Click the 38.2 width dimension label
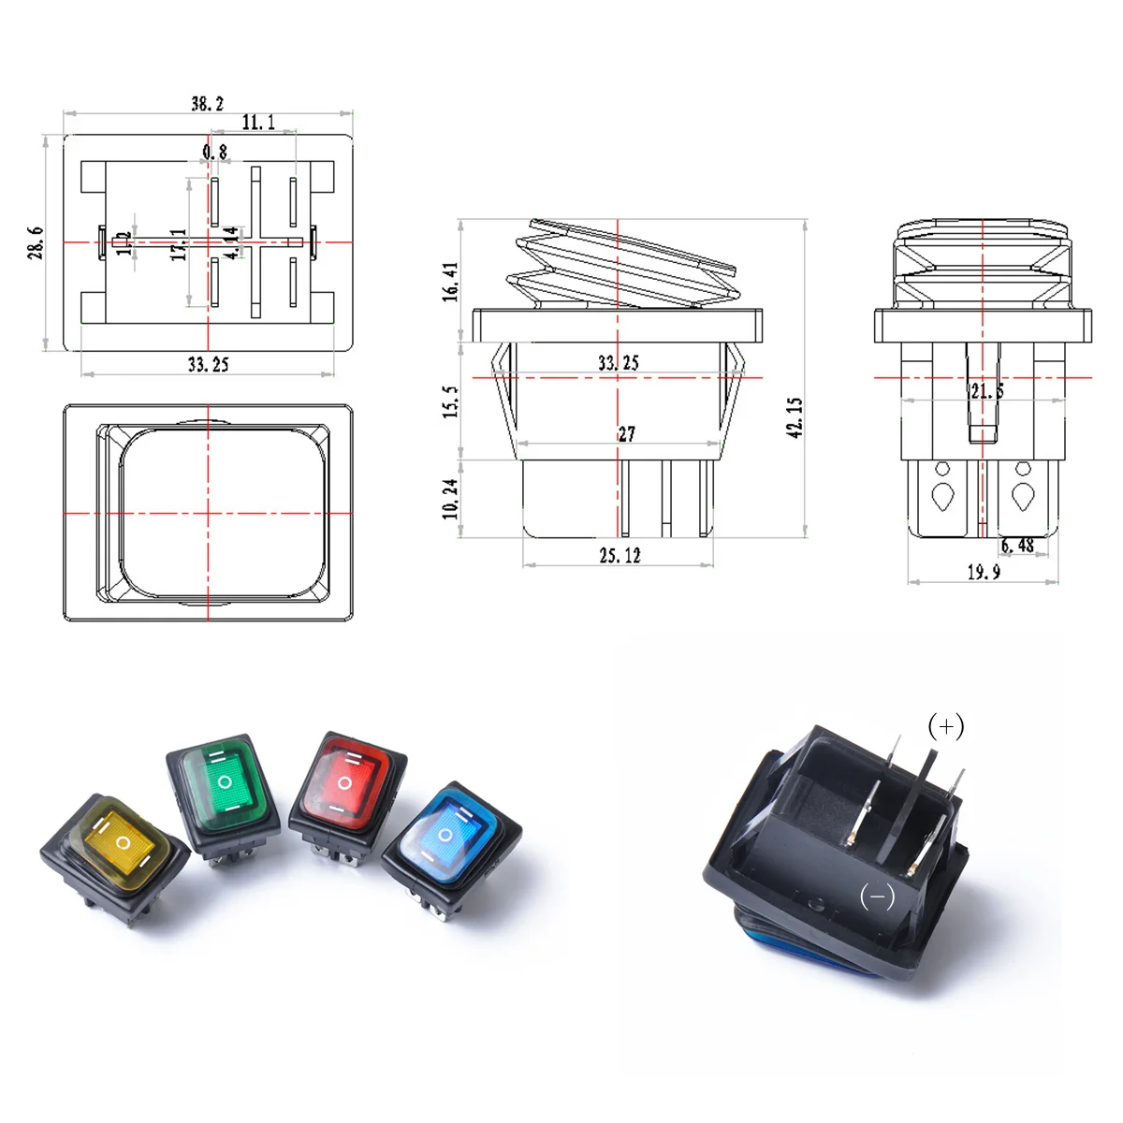coord(208,103)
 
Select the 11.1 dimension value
coord(258,123)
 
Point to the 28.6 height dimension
coord(36,242)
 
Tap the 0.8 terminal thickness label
coord(214,152)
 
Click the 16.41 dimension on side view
coord(450,281)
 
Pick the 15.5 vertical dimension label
coord(450,401)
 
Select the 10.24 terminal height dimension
coord(450,498)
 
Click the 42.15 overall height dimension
coord(795,417)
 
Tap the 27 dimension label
coord(626,433)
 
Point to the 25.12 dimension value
coord(620,555)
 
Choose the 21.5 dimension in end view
coord(986,391)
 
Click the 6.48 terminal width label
coord(1017,546)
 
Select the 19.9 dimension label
coord(984,571)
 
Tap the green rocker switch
coord(225,791)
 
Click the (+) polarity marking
coord(945,726)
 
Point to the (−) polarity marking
coord(877,897)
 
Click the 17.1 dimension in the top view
coord(178,244)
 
